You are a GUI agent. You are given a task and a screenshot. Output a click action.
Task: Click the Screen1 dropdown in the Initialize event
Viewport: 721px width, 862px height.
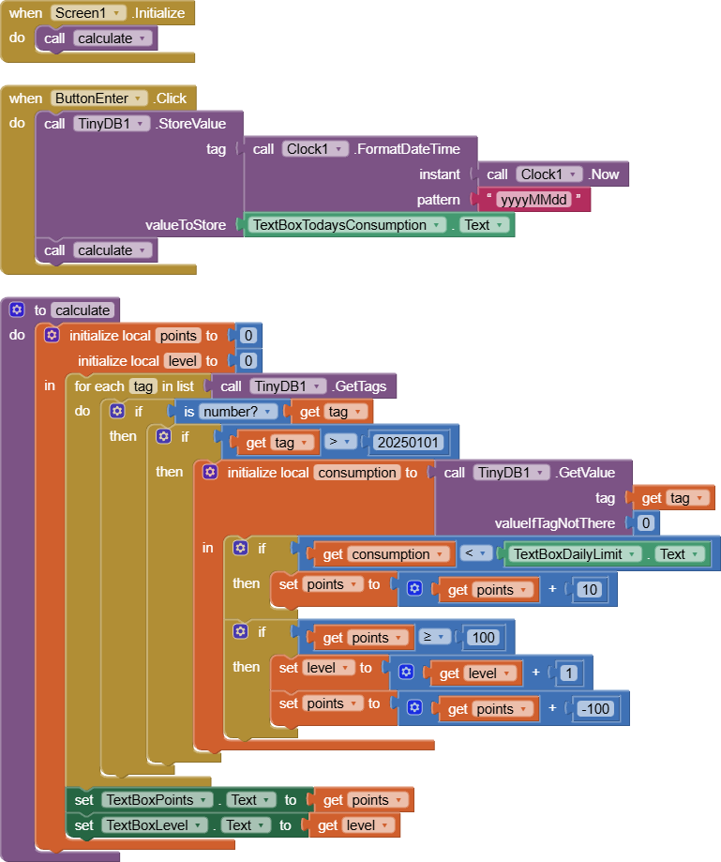tap(88, 13)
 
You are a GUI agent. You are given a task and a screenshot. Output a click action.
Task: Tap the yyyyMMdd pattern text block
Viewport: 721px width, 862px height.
tap(534, 199)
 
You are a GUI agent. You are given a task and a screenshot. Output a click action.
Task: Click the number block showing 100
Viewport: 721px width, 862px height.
tap(484, 638)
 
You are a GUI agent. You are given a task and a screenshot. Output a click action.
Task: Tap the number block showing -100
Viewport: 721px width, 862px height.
tap(596, 708)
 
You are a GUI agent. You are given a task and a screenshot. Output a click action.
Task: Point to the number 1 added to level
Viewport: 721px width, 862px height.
tap(568, 673)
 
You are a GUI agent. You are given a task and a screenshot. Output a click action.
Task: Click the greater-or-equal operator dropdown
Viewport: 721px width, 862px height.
tap(430, 638)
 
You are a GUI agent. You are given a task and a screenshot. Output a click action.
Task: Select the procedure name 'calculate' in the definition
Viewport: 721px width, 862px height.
tap(83, 310)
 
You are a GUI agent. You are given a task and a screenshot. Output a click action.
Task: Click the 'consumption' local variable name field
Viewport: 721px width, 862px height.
tap(356, 473)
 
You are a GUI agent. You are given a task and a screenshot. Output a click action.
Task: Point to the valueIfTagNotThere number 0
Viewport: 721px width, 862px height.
tap(645, 522)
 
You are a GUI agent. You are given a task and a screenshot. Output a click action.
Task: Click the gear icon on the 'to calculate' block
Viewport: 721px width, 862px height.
tap(17, 310)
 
